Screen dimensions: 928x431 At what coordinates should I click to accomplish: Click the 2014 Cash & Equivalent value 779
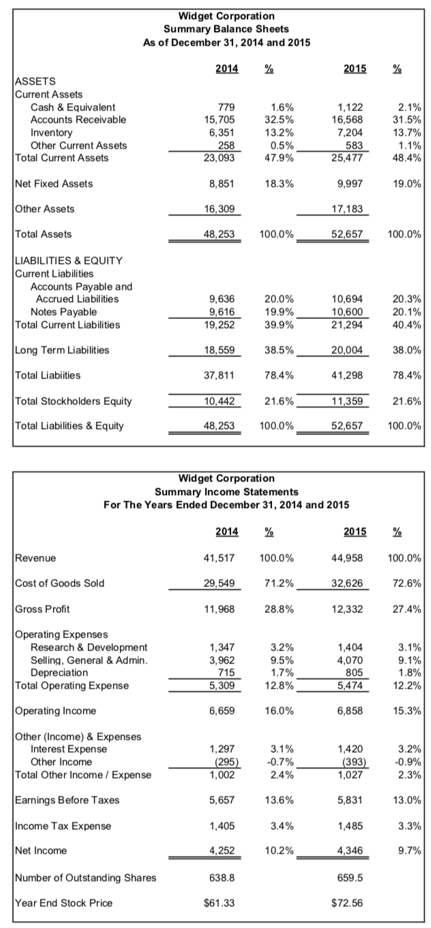click(225, 107)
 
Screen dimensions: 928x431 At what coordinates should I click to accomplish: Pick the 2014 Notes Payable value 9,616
click(221, 312)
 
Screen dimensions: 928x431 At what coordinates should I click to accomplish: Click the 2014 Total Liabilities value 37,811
click(219, 375)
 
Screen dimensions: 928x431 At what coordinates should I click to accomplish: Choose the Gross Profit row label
click(42, 608)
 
